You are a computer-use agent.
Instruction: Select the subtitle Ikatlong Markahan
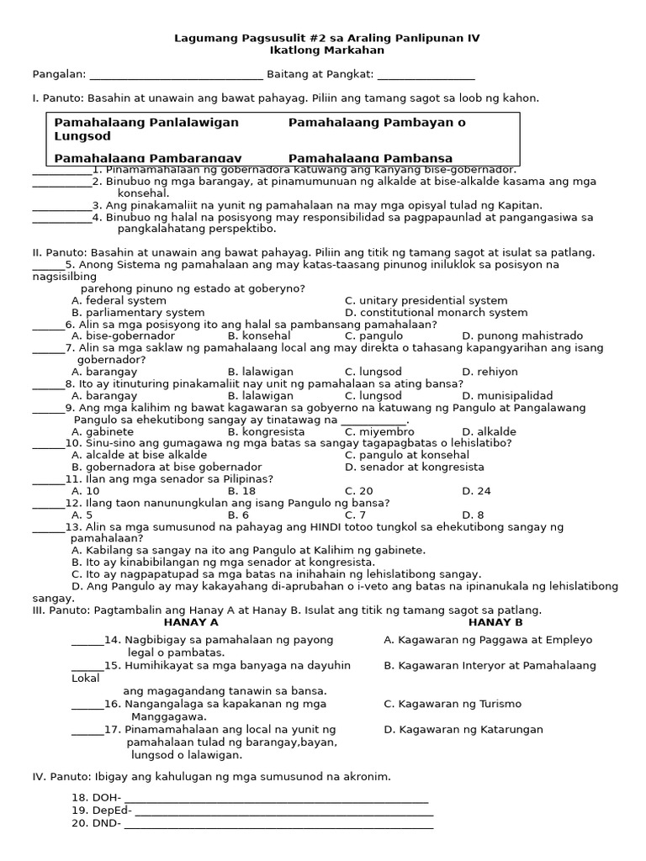click(326, 50)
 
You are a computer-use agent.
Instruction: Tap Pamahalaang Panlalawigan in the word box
click(146, 123)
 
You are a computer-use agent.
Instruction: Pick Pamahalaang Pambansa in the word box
click(370, 158)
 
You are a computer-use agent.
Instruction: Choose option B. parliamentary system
click(138, 313)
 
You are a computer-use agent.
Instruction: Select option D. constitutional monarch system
click(436, 313)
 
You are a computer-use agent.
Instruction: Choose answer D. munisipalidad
click(507, 396)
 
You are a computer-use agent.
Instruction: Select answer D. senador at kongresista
click(414, 467)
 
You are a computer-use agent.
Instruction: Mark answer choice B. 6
click(238, 515)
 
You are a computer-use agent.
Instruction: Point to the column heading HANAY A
click(191, 623)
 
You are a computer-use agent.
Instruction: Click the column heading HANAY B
click(495, 623)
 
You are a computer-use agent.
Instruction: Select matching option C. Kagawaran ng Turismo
click(453, 705)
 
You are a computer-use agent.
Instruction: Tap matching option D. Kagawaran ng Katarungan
click(463, 730)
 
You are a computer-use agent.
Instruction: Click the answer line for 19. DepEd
click(283, 811)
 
